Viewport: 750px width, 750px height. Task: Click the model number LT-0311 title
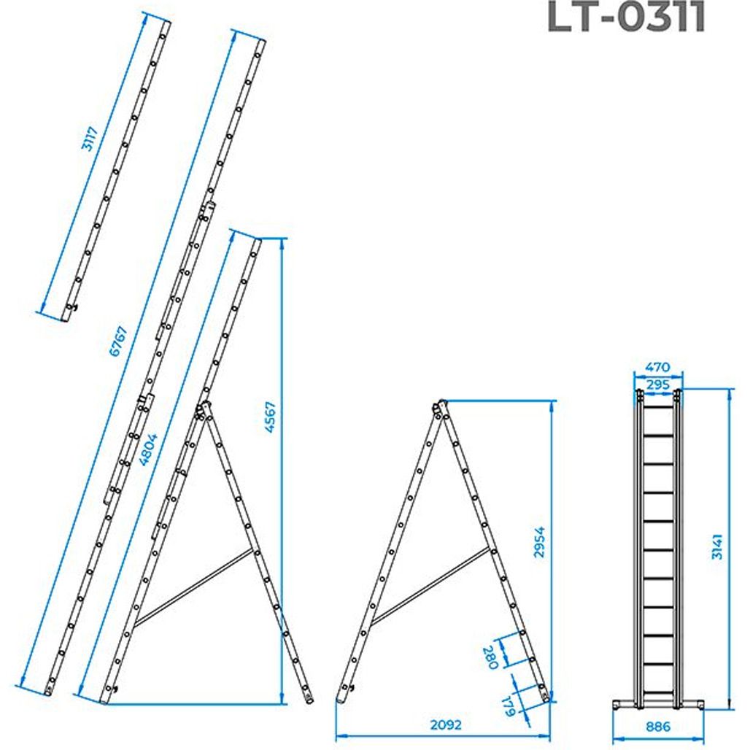click(626, 17)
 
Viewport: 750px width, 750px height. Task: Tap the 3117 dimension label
click(90, 139)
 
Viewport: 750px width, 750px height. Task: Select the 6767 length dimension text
click(119, 341)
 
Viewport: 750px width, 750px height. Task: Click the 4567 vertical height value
click(271, 417)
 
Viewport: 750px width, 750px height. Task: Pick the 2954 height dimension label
click(539, 542)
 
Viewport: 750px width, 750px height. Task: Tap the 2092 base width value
click(446, 725)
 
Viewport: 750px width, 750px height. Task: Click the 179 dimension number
click(509, 706)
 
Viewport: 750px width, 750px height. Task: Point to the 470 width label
click(657, 368)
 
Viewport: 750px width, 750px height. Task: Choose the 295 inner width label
click(657, 384)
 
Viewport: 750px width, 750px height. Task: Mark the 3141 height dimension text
click(717, 546)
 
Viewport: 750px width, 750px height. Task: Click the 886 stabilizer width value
click(658, 727)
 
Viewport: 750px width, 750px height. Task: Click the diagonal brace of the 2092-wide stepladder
click(430, 586)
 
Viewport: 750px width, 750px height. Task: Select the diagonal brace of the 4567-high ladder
click(193, 588)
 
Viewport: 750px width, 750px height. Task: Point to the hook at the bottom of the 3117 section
click(71, 307)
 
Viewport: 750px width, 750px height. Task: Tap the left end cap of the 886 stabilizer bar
click(616, 705)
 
